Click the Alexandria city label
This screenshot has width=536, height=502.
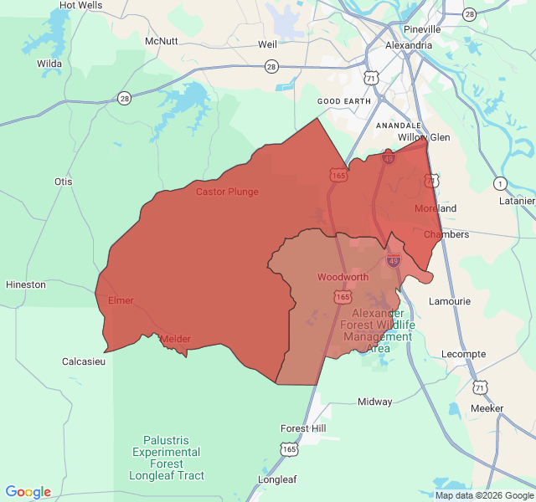[409, 45]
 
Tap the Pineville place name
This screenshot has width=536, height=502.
[421, 28]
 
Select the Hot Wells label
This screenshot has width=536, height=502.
[81, 5]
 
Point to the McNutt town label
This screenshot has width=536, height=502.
[162, 41]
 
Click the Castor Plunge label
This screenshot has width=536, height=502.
[227, 192]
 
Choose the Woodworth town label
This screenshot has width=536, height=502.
[343, 277]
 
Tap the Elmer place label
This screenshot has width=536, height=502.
[121, 300]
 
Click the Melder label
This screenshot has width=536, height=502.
[175, 339]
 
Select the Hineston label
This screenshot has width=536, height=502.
[26, 284]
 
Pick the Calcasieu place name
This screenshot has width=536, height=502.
[84, 361]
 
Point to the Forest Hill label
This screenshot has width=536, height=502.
[303, 428]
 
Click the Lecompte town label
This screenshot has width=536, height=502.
[463, 354]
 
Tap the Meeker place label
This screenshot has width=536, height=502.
[487, 408]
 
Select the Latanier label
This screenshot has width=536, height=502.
[517, 201]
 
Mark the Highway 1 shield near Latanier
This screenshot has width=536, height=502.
[500, 183]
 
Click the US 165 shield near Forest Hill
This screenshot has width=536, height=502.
[290, 449]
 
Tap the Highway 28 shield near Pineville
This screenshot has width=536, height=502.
[469, 14]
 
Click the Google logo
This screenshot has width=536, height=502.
[28, 492]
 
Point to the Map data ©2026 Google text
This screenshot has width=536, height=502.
[484, 495]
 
